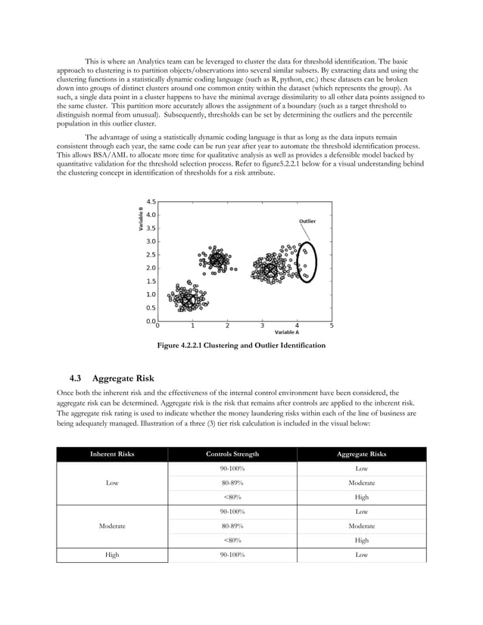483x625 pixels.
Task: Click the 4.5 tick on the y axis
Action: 151,202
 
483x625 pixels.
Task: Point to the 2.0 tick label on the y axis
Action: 151,268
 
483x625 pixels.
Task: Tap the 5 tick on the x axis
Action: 332,325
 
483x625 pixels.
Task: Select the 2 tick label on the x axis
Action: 227,325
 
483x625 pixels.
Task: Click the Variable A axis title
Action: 286,332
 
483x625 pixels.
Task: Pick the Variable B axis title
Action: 141,219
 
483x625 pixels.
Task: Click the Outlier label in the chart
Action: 307,221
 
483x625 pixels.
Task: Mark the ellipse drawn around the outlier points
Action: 307,262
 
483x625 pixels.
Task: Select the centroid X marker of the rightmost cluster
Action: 270,269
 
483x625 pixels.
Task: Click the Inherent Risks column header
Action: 112,454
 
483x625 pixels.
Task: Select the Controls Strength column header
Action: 232,454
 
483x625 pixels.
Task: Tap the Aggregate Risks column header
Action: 361,454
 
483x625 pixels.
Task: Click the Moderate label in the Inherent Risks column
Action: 112,524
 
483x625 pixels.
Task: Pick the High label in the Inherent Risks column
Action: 112,555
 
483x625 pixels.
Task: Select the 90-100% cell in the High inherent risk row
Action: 232,555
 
